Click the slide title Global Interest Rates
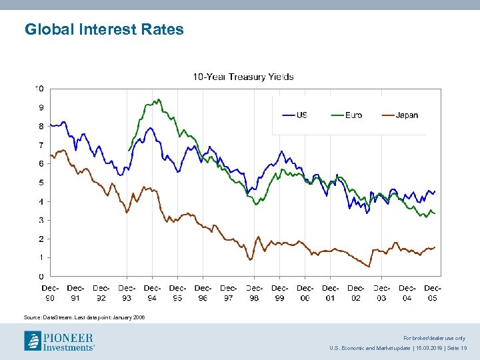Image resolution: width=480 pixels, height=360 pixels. tap(104, 29)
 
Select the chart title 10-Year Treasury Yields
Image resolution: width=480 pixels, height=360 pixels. tap(243, 77)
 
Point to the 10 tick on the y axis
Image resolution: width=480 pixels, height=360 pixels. tap(40, 89)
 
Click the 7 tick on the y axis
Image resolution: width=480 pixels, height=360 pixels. tap(41, 145)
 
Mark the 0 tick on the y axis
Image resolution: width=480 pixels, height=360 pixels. tap(41, 276)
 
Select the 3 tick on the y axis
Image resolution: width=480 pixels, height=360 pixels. tap(41, 220)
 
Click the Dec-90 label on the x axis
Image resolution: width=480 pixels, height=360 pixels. tap(50, 293)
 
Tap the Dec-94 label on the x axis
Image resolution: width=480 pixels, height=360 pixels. tap(152, 293)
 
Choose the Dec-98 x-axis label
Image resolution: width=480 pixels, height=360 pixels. tap(254, 293)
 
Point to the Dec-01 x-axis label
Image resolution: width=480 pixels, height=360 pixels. tap(331, 293)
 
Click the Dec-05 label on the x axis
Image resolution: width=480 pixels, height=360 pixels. tap(432, 293)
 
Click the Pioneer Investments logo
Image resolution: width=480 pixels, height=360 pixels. tap(59, 341)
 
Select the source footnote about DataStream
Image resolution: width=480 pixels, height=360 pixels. tap(84, 317)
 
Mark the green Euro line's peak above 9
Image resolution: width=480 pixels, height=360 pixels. tap(157, 100)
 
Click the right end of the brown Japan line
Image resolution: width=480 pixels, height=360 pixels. tap(435, 247)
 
